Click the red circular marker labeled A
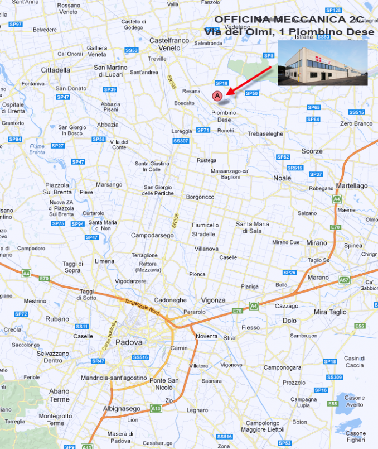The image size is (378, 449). (217, 96)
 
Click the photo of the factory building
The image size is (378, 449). (322, 62)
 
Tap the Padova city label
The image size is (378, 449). (129, 342)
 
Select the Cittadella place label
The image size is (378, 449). (56, 70)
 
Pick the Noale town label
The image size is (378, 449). (282, 178)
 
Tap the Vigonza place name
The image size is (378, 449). (213, 300)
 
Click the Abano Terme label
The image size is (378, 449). (60, 395)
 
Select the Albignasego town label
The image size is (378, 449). (121, 409)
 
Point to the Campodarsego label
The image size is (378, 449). (152, 235)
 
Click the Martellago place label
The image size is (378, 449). (352, 185)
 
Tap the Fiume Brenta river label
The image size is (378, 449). (37, 149)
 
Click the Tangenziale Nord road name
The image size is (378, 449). (142, 307)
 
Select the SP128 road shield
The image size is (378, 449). (333, 10)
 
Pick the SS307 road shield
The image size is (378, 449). (181, 141)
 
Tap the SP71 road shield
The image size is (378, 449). (203, 130)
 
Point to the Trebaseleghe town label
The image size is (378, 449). (265, 134)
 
